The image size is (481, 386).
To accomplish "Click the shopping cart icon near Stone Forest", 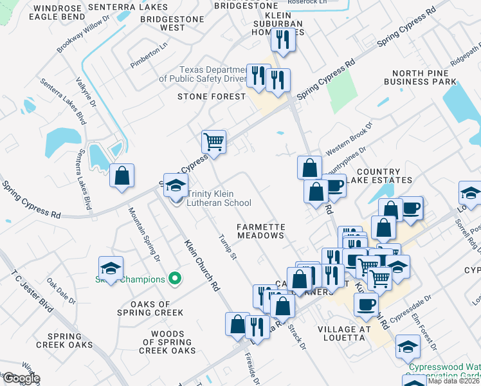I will click(x=213, y=141).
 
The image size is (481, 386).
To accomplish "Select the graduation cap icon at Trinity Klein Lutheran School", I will click(x=174, y=186).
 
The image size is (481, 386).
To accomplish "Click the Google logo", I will click(x=21, y=378).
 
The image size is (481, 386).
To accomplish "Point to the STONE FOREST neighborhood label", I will click(x=212, y=96).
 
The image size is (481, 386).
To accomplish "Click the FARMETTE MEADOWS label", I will click(x=260, y=231).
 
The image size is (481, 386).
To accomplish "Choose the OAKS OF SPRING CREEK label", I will click(x=150, y=308).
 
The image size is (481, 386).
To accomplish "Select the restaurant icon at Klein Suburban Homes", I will click(x=282, y=40).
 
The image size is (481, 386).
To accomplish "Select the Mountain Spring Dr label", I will click(x=145, y=234).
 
